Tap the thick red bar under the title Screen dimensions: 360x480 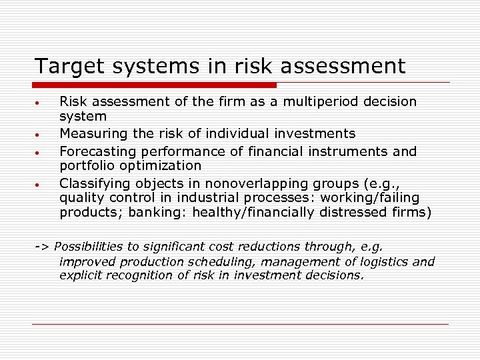(155, 85)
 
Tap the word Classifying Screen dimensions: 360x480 (93, 183)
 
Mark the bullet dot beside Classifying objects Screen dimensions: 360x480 (39, 183)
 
